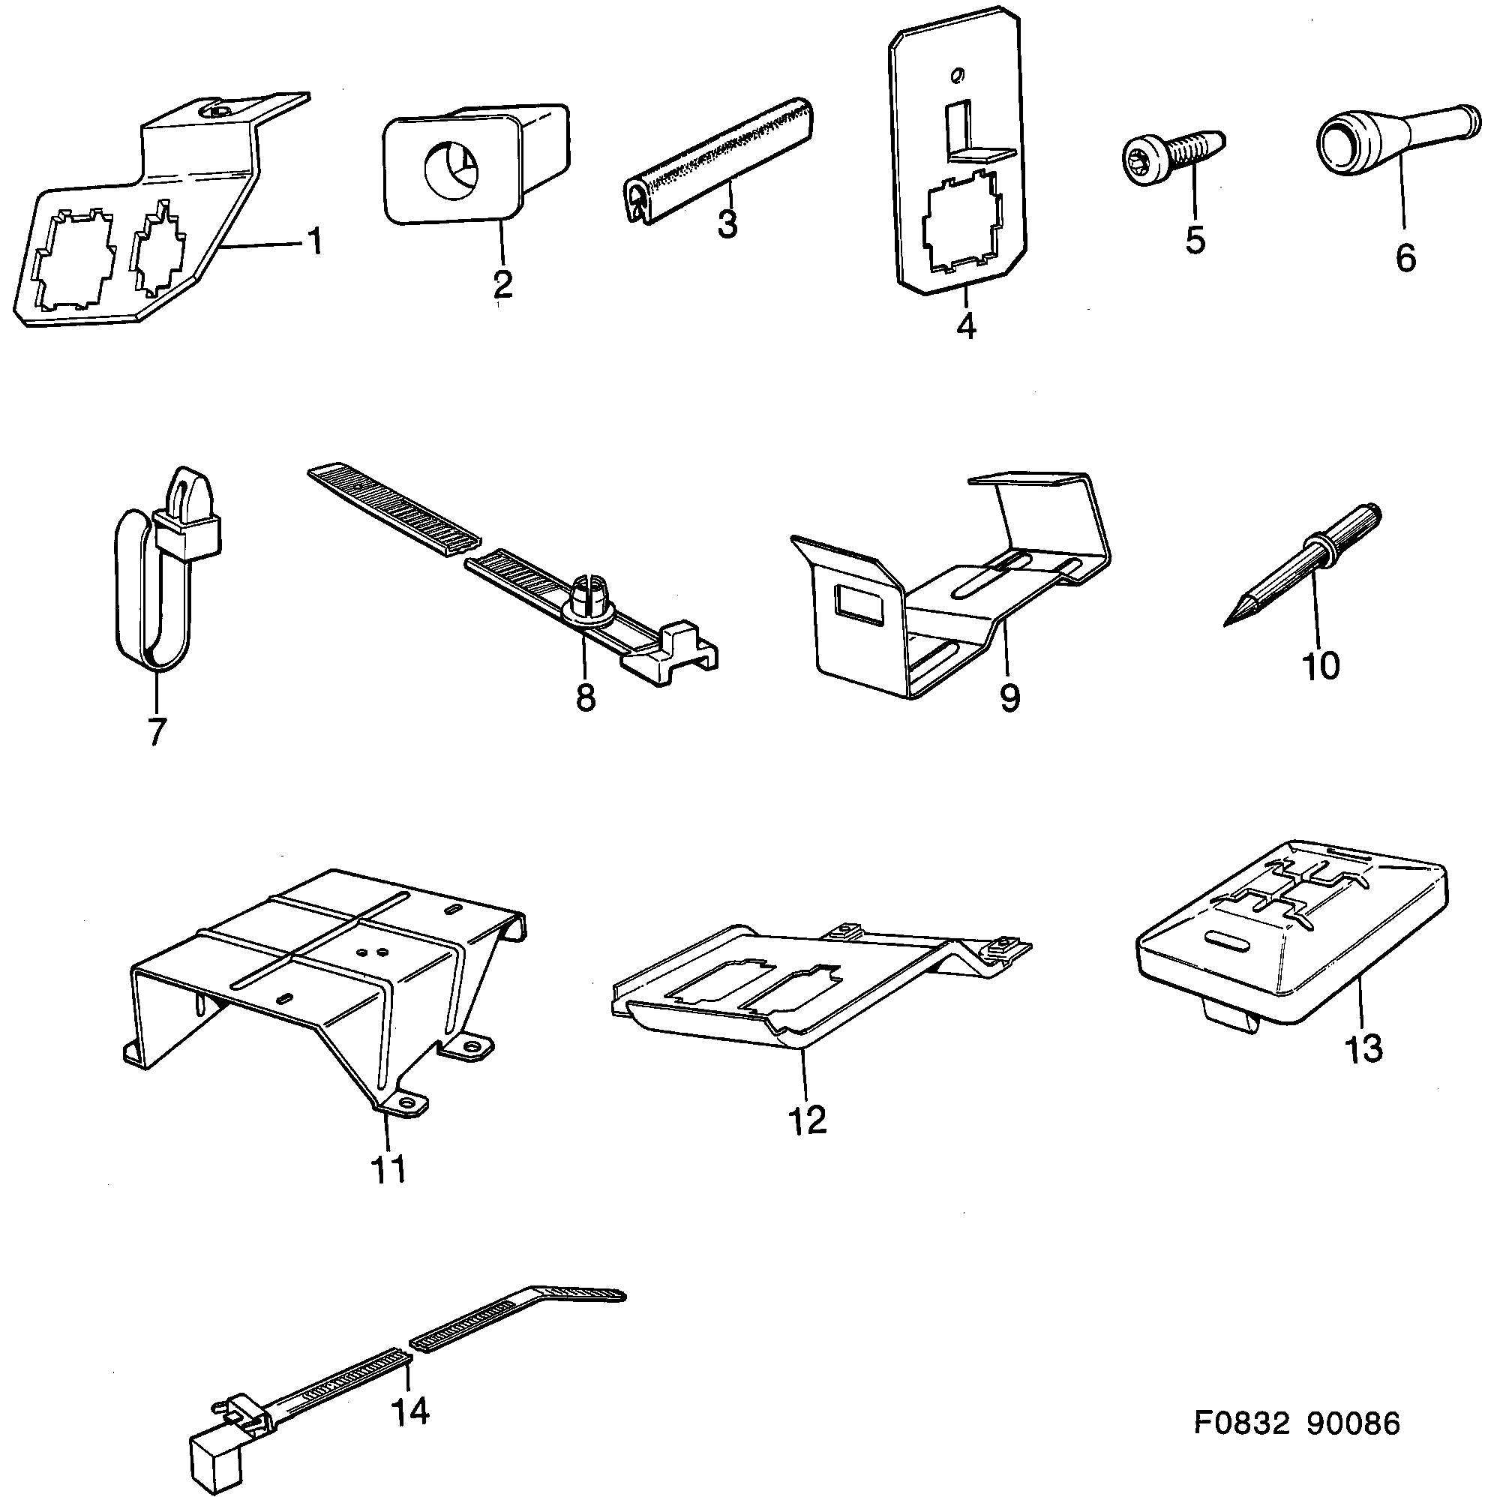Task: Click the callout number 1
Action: [x=313, y=241]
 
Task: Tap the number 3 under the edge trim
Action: [x=727, y=224]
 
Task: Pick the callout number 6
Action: [x=1405, y=257]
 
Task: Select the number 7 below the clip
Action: [x=157, y=731]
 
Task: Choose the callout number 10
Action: [x=1321, y=665]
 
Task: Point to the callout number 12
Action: [x=807, y=1120]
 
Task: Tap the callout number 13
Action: [x=1363, y=1048]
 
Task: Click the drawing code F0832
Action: [x=1240, y=1445]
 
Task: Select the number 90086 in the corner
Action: [x=1354, y=1445]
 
